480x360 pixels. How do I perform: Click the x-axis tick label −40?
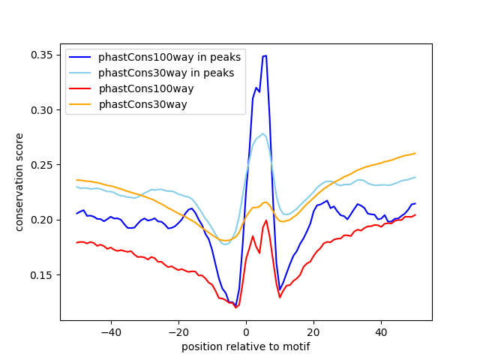pyautogui.click(x=110, y=331)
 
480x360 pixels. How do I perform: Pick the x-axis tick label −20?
pyautogui.click(x=178, y=331)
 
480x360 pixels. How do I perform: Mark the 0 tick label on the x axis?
pyautogui.click(x=246, y=331)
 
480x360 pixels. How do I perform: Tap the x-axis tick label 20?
pyautogui.click(x=313, y=331)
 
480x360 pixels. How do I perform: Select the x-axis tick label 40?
pyautogui.click(x=381, y=331)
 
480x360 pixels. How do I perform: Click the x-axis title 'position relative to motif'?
pyautogui.click(x=245, y=346)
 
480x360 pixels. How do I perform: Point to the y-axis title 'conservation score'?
pyautogui.click(x=19, y=182)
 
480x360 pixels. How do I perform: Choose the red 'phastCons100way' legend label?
pyautogui.click(x=144, y=88)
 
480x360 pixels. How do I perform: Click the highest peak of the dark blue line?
pyautogui.click(x=264, y=55)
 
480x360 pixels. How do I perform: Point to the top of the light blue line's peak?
pyautogui.click(x=262, y=133)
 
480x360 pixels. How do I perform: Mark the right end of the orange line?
pyautogui.click(x=415, y=153)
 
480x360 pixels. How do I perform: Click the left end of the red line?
pyautogui.click(x=76, y=242)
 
